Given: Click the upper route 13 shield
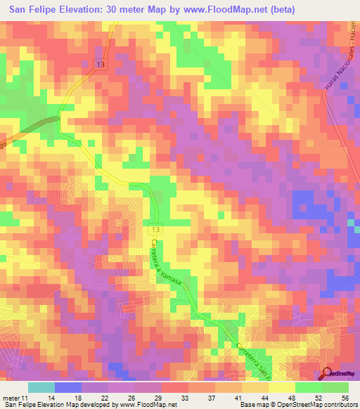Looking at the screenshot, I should pyautogui.click(x=103, y=65).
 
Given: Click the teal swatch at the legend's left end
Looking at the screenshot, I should pyautogui.click(x=41, y=387).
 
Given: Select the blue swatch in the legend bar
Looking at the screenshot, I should pyautogui.click(x=67, y=387).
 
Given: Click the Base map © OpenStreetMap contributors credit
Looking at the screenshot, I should pyautogui.click(x=297, y=405).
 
